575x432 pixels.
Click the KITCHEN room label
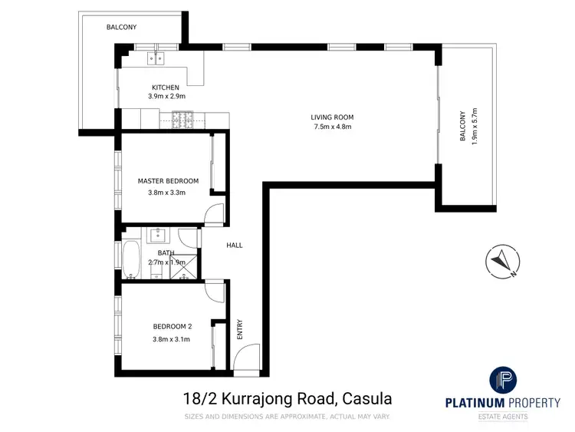(x=166, y=87)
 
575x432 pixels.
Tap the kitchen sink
(x=158, y=57)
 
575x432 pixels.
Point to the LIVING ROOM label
(x=332, y=117)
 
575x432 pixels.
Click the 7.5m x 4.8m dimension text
(x=332, y=127)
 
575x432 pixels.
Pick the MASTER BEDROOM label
(x=168, y=181)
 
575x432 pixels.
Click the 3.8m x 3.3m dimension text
(x=167, y=193)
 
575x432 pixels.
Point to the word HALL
(x=234, y=246)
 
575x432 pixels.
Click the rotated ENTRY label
(x=239, y=329)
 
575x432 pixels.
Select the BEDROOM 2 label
(x=167, y=325)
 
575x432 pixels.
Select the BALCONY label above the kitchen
(x=121, y=27)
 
